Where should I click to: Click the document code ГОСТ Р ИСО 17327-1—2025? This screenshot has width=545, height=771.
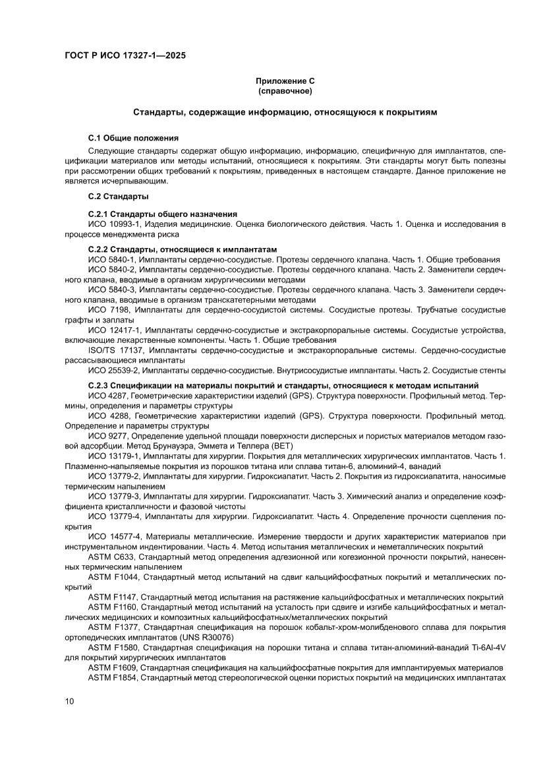click(x=125, y=56)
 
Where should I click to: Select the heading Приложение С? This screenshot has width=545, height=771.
click(x=285, y=80)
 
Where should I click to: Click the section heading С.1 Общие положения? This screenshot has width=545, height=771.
click(x=133, y=138)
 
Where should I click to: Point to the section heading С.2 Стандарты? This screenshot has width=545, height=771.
click(x=118, y=197)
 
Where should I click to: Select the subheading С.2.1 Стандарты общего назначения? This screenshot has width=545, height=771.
click(x=162, y=214)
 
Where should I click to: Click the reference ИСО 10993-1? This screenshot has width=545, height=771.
click(x=114, y=224)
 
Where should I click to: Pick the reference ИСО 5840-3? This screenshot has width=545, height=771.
click(x=111, y=290)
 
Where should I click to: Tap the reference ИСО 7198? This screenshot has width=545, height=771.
click(x=105, y=309)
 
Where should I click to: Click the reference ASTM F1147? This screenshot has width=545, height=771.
click(x=113, y=597)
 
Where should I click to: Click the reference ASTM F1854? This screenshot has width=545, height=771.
click(x=113, y=677)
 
